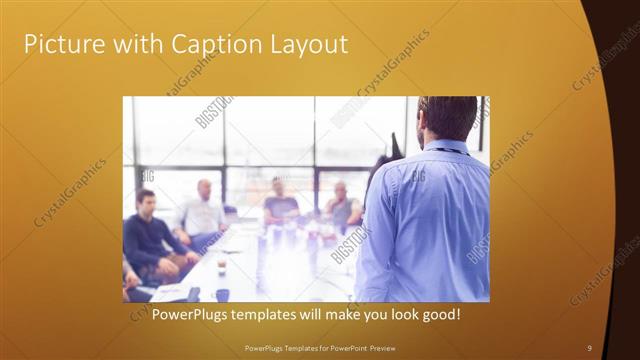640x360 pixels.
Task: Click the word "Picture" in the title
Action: point(63,44)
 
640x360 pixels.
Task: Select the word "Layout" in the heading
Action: point(308,44)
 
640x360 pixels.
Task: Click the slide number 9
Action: point(589,347)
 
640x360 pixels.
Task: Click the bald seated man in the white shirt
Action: point(203,211)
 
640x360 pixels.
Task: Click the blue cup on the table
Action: point(222,294)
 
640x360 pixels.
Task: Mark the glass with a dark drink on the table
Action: point(221,264)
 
